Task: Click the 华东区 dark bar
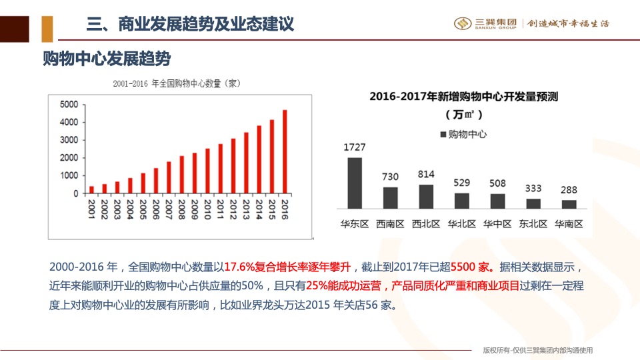coord(355,183)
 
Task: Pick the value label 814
coord(425,175)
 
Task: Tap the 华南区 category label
coord(569,224)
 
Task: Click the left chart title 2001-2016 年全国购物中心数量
coord(176,83)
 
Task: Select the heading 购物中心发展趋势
coord(107,59)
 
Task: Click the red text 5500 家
coord(473,267)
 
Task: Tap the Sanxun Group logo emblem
coord(463,23)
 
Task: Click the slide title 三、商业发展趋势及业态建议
coord(190,25)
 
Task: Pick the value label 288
coord(569,189)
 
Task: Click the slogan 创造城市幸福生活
coord(568,23)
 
